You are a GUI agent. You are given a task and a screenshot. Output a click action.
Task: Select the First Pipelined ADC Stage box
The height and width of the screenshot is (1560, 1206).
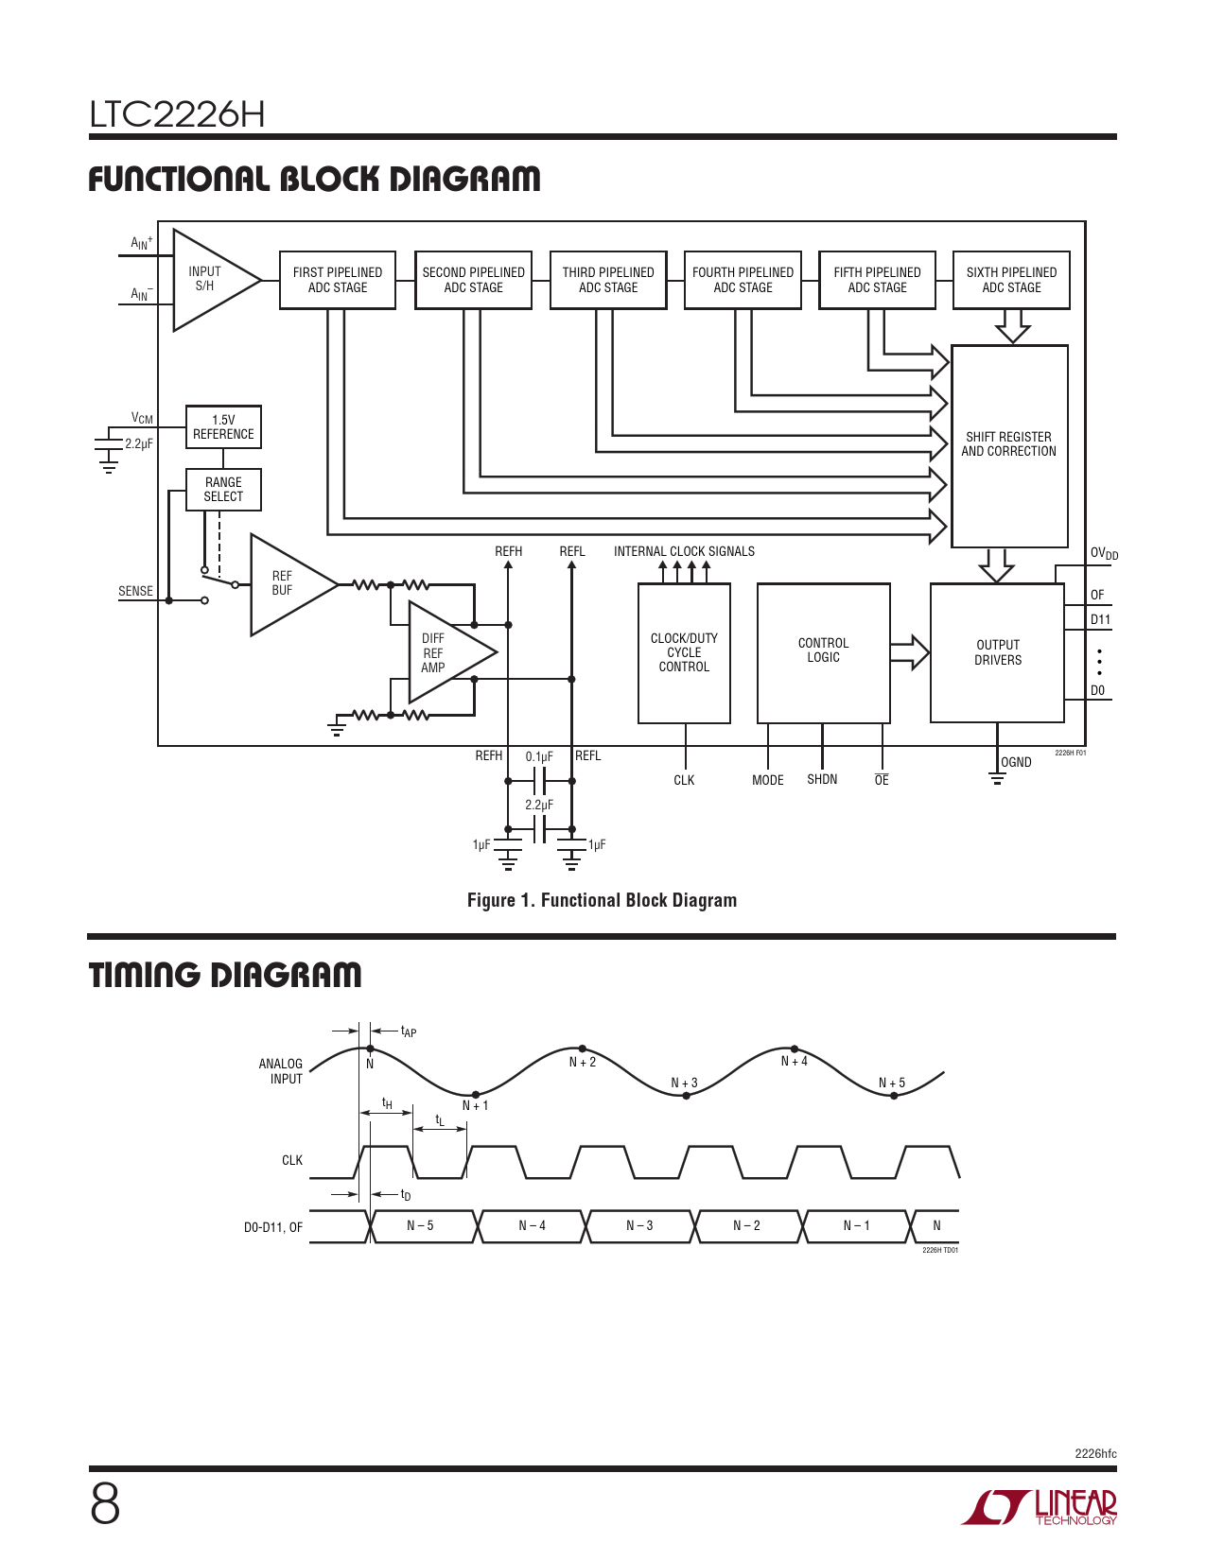pyautogui.click(x=337, y=280)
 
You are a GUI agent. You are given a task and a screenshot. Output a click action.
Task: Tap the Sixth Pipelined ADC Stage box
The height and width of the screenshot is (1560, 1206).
pyautogui.click(x=1011, y=280)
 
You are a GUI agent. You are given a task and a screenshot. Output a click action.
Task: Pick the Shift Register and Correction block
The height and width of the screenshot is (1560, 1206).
pyautogui.click(x=1009, y=445)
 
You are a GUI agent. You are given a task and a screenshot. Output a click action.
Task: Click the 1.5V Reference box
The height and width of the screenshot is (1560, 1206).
pyautogui.click(x=223, y=427)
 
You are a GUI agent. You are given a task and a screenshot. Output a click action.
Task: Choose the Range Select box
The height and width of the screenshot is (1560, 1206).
pyautogui.click(x=223, y=490)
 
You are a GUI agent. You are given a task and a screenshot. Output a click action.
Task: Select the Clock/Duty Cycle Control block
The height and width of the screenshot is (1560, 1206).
pyautogui.click(x=684, y=652)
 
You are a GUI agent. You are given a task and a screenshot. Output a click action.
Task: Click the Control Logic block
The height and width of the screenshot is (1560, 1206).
pyautogui.click(x=823, y=651)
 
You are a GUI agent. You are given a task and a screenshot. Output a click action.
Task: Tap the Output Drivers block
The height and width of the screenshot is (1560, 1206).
pyautogui.click(x=998, y=652)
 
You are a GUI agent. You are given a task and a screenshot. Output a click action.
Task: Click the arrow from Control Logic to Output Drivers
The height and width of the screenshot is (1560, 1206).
pyautogui.click(x=910, y=651)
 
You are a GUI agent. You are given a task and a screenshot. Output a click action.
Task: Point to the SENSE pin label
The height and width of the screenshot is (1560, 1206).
pyautogui.click(x=135, y=591)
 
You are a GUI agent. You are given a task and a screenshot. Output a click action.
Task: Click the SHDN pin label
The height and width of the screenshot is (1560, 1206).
pyautogui.click(x=822, y=780)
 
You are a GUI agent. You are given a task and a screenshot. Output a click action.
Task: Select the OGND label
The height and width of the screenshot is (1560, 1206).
pyautogui.click(x=1017, y=762)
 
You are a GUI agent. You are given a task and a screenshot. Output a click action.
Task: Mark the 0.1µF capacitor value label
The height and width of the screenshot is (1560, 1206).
pyautogui.click(x=539, y=756)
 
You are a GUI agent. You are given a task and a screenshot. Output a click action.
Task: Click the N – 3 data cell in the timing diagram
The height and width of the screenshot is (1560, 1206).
pyautogui.click(x=639, y=1225)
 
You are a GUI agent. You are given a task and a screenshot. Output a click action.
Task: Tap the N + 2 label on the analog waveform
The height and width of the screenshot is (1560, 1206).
pyautogui.click(x=583, y=1063)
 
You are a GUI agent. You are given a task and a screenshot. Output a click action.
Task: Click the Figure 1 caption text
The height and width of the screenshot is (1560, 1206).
pyautogui.click(x=602, y=900)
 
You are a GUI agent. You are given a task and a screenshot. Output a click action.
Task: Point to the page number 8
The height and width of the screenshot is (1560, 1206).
pyautogui.click(x=105, y=1504)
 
